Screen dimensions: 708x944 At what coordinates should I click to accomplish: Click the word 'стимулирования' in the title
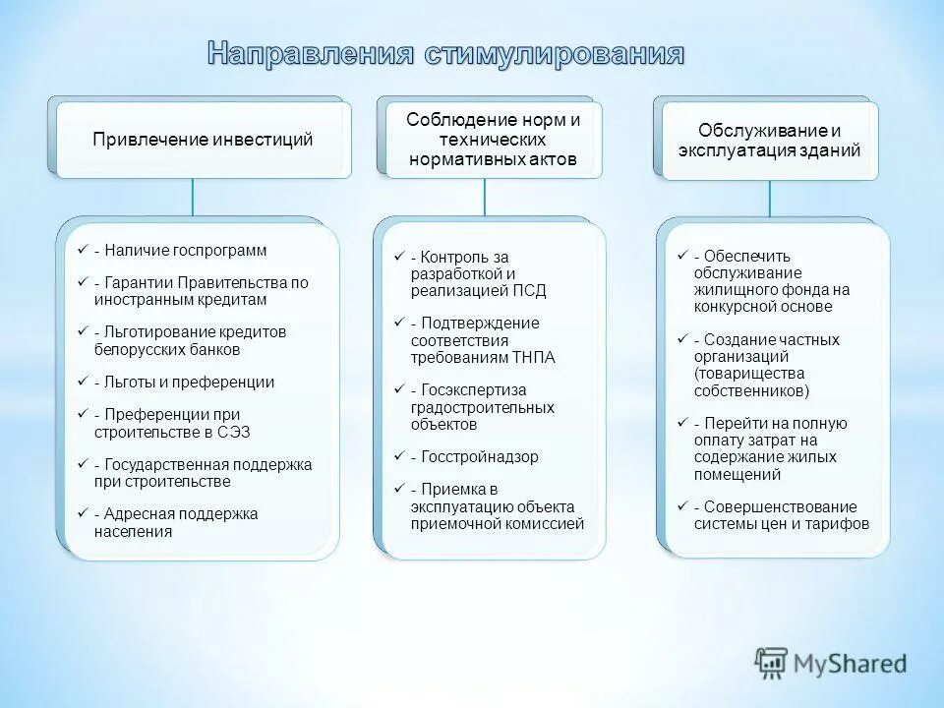(554, 54)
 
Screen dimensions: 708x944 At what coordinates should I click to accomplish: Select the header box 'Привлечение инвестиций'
(203, 140)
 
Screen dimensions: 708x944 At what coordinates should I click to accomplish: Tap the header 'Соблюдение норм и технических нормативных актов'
(493, 139)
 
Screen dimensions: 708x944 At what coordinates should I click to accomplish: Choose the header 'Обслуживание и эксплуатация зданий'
(769, 141)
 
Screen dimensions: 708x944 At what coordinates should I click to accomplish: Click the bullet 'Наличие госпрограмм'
(180, 251)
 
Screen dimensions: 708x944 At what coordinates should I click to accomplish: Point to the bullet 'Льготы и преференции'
(184, 383)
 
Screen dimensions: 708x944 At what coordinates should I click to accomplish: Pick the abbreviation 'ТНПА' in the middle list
(534, 357)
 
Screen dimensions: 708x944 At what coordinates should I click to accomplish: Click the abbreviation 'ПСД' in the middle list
(529, 291)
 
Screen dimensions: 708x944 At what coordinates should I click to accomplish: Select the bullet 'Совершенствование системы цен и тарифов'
(781, 515)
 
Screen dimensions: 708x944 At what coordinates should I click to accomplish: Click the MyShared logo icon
(771, 664)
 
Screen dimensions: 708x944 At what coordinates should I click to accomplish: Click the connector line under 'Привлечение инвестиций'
(193, 196)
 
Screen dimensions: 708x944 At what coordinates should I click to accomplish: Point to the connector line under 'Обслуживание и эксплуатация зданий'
(770, 198)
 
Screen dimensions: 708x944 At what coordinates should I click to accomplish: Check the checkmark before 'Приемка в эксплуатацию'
(398, 490)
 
